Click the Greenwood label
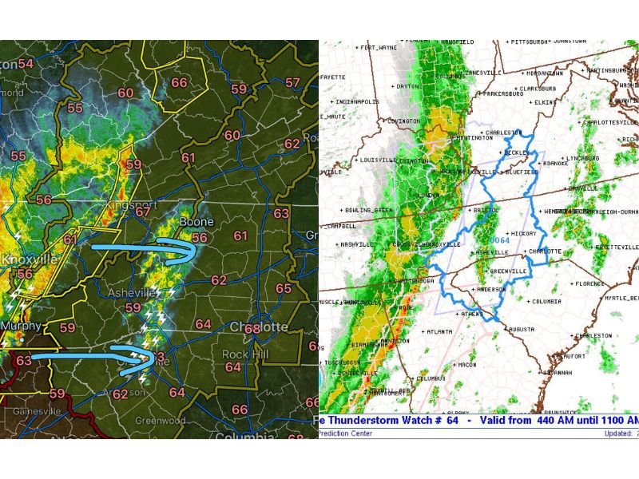[161, 421]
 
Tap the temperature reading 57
[293, 82]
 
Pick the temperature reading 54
[26, 63]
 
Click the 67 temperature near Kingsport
[143, 211]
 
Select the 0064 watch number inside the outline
[499, 240]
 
